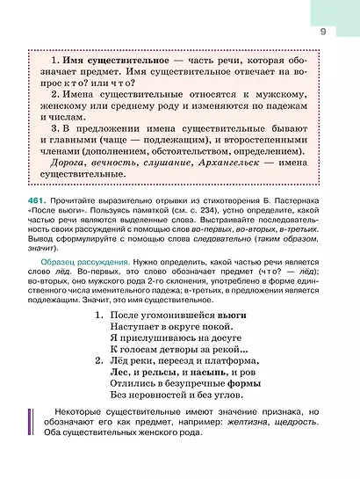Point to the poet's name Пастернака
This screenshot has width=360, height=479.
pos(297,202)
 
